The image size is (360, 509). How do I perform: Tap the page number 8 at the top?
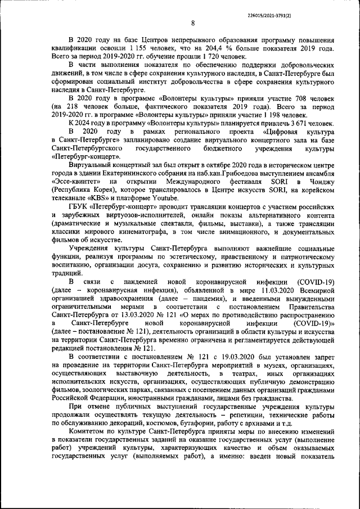point(193,23)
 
